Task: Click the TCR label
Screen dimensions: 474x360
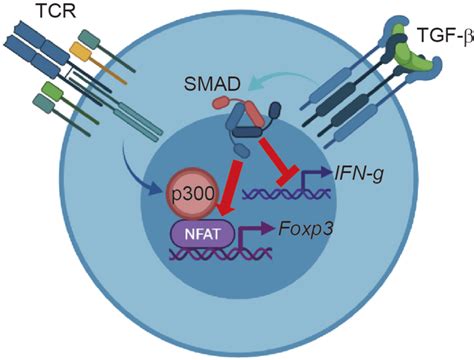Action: (x=56, y=11)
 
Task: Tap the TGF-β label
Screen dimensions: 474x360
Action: (x=445, y=35)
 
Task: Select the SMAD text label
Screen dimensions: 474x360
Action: (x=212, y=84)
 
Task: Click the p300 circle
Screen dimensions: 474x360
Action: (x=193, y=194)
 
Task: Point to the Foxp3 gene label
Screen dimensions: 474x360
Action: (x=305, y=230)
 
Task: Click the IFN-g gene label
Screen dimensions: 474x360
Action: (x=359, y=174)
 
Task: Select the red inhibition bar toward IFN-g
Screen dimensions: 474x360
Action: (x=278, y=159)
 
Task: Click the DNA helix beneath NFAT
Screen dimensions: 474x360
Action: (x=221, y=254)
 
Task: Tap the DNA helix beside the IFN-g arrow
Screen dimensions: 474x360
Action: (x=287, y=194)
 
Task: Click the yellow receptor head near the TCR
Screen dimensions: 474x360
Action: (x=80, y=51)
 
